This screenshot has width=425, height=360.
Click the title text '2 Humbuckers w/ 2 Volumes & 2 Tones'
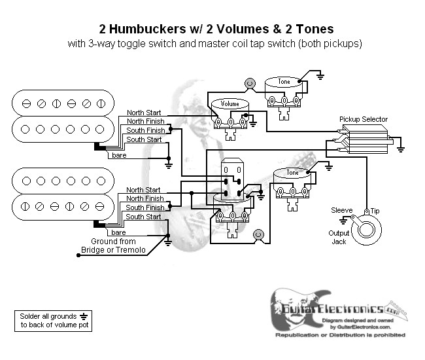[x=216, y=29]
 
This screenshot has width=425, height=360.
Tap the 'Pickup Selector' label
[x=363, y=119]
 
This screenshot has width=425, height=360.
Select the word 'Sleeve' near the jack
[x=341, y=211]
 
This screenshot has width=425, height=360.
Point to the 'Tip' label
[x=375, y=211]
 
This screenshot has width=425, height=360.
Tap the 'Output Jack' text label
[x=338, y=237]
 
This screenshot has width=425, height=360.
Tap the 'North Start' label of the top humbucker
[x=144, y=111]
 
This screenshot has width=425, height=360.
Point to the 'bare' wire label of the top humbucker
[x=118, y=155]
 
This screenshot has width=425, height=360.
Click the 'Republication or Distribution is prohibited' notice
[x=340, y=334]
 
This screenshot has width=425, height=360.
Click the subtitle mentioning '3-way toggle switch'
[x=216, y=44]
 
